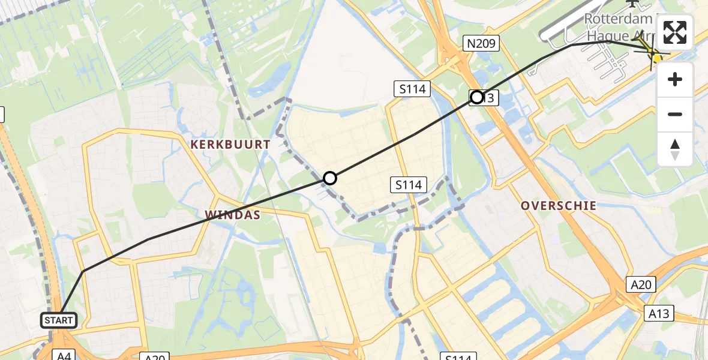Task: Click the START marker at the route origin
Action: click(58, 320)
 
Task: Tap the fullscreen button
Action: click(675, 32)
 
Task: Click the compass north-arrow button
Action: click(675, 149)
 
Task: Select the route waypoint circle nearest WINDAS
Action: click(330, 178)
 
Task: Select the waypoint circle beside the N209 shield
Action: click(477, 97)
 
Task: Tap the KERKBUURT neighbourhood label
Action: click(231, 145)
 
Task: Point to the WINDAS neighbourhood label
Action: click(232, 214)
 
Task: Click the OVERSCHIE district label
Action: click(559, 205)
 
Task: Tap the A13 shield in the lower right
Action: click(661, 313)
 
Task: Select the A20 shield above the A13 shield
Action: click(641, 285)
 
